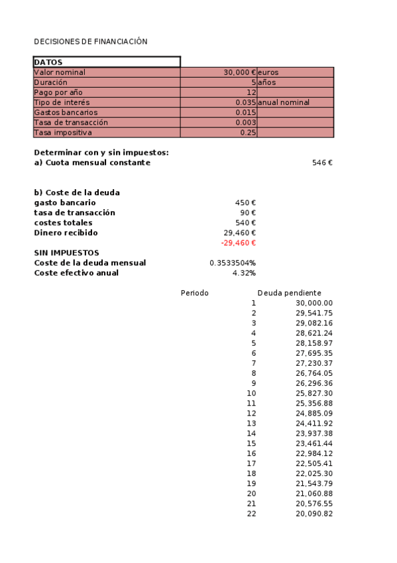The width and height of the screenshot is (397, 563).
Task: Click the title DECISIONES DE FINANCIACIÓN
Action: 90,41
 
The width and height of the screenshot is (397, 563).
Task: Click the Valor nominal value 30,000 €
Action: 239,72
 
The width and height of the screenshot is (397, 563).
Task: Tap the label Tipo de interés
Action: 62,102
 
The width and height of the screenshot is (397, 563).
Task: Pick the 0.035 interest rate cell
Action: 245,102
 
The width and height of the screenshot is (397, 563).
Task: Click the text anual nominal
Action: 284,102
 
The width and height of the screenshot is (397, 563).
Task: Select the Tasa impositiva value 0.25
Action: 248,133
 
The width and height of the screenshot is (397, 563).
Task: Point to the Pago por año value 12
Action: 251,92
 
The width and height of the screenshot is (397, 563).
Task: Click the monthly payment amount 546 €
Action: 322,163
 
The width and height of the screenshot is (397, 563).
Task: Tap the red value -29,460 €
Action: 238,243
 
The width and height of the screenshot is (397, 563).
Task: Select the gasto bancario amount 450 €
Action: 245,202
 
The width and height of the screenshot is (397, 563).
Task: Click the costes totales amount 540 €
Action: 245,222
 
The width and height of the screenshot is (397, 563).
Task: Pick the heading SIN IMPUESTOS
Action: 66,253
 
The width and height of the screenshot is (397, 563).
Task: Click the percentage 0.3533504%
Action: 233,263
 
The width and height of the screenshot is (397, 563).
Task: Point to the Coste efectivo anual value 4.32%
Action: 244,273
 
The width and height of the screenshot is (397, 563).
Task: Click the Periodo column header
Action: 195,293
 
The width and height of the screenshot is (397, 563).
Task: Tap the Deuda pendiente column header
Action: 289,293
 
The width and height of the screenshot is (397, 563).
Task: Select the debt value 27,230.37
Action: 314,363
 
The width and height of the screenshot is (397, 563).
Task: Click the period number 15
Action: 251,443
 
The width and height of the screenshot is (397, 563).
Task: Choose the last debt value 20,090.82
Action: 314,514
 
